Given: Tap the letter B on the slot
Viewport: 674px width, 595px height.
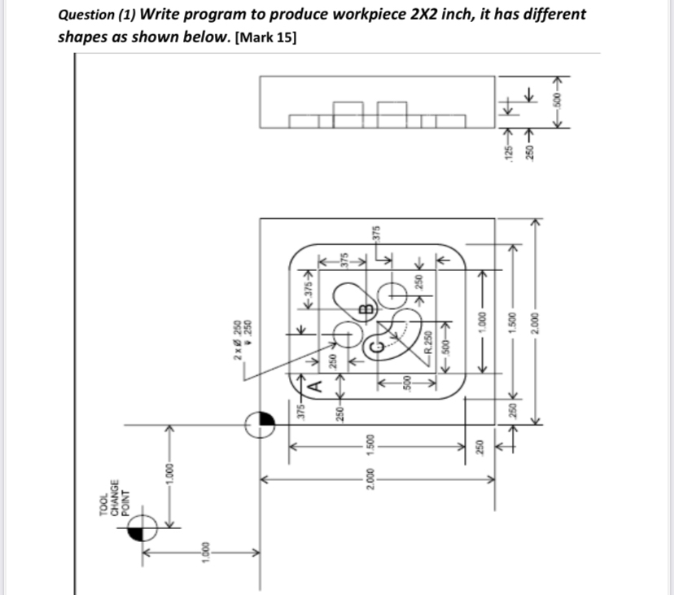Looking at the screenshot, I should click(366, 308).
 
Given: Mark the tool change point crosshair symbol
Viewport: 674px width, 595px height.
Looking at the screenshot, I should click(143, 530).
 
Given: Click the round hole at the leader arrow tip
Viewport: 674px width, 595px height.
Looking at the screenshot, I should click(346, 334).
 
